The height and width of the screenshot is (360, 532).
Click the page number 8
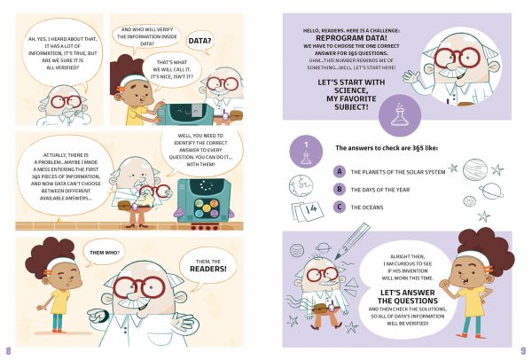tap(9, 350)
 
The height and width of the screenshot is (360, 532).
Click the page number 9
tap(523, 350)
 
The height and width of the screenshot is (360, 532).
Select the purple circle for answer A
tap(340, 172)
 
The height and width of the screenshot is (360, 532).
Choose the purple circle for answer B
tap(340, 190)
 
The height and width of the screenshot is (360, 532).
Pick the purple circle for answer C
tap(340, 207)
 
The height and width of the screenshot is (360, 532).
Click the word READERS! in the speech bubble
tap(208, 269)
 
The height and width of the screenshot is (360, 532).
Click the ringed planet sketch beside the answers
tap(491, 191)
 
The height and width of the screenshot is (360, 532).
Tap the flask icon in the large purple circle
tap(400, 115)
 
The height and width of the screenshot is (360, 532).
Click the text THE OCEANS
tap(367, 207)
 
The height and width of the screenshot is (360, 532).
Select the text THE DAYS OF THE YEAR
tap(380, 190)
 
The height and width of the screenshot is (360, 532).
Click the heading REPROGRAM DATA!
tap(351, 38)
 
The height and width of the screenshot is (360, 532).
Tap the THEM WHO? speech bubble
tap(104, 253)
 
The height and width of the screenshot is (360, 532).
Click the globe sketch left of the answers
tap(301, 186)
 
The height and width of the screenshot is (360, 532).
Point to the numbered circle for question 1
tap(306, 152)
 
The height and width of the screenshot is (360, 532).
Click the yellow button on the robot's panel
tap(199, 204)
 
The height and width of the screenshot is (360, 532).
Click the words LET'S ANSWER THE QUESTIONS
tap(408, 296)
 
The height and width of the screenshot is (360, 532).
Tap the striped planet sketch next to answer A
tap(475, 169)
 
